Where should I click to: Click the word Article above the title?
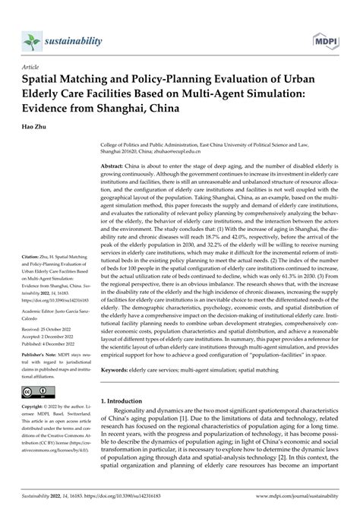click(x=33, y=67)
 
